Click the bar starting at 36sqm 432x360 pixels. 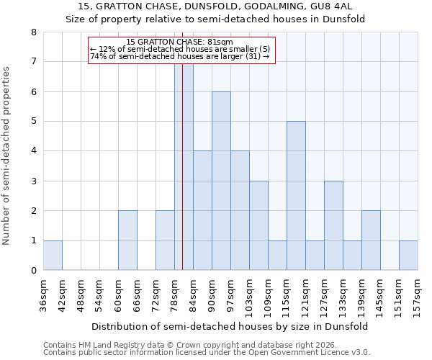(53, 255)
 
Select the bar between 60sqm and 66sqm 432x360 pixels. (127, 240)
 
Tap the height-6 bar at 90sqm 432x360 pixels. (221, 181)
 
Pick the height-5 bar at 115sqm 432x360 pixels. (296, 196)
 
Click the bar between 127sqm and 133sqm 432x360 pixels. (333, 225)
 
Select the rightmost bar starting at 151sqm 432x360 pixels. (408, 255)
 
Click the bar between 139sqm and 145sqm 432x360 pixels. (371, 240)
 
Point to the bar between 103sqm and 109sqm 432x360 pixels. (258, 225)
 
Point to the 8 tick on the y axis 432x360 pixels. (33, 32)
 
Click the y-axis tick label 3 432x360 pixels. (33, 181)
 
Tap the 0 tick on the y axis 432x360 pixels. (33, 271)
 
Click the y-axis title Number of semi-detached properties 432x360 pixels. (7, 156)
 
